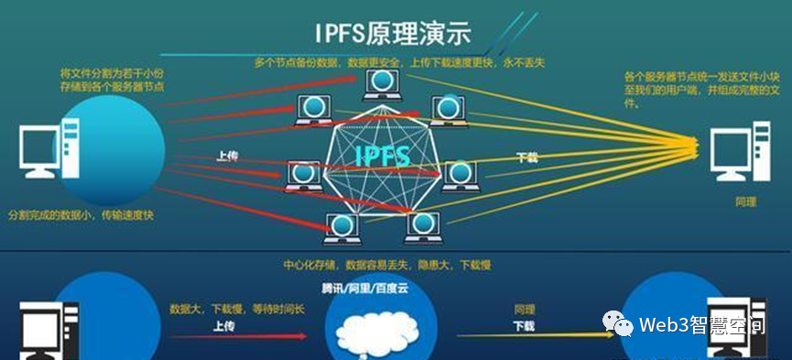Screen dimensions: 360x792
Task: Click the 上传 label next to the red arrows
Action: point(229,157)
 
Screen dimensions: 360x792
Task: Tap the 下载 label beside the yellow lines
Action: point(527,158)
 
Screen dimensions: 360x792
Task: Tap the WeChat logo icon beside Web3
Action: point(619,323)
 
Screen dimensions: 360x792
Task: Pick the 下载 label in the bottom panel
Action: point(524,325)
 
